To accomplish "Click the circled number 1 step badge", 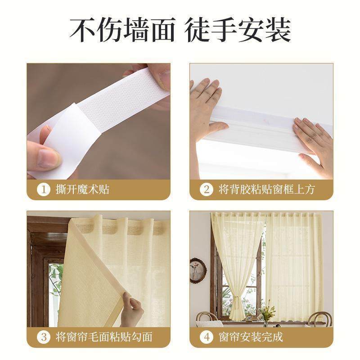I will (44, 189).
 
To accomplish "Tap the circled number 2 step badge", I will (207, 189).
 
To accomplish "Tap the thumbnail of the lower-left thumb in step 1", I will (47, 158).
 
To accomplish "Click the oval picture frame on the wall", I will (198, 270).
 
